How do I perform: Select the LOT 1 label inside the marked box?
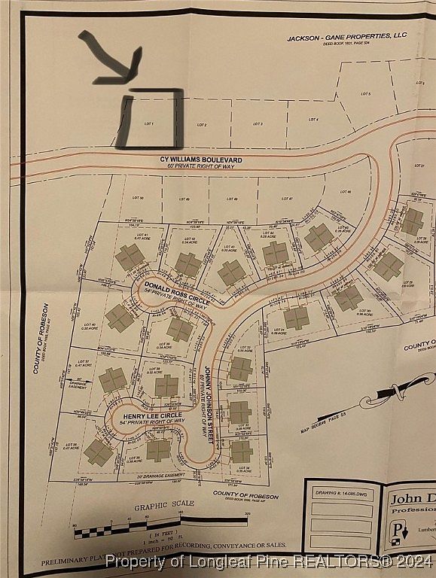click(x=148, y=123)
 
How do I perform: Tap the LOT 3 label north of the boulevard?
click(x=257, y=123)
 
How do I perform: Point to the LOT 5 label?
click(x=365, y=93)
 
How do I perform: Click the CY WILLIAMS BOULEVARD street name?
click(x=191, y=160)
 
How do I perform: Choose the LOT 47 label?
click(x=286, y=198)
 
